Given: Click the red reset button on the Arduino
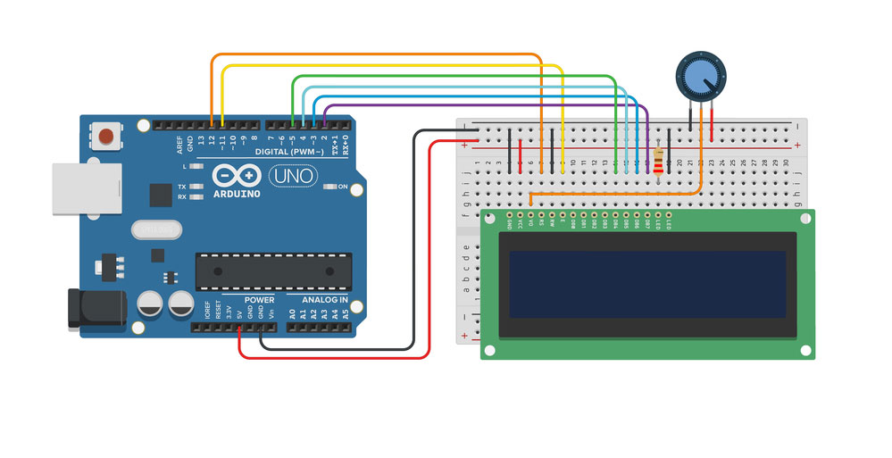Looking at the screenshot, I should coord(106,136).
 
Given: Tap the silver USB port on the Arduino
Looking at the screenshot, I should coord(87,188).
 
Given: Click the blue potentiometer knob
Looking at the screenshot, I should coord(700,78).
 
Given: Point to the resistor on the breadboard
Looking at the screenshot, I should coord(659,162).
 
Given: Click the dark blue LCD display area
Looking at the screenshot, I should coord(647,284).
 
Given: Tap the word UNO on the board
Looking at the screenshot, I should coord(292,177).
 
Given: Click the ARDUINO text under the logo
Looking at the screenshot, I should coord(238,194).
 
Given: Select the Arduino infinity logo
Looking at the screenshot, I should coord(238,176).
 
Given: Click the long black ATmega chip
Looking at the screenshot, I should coord(273,271).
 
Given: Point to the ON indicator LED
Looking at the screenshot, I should coord(330,187).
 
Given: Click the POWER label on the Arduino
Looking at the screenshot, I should coord(259,300).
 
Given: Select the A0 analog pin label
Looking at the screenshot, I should coord(292,314).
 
